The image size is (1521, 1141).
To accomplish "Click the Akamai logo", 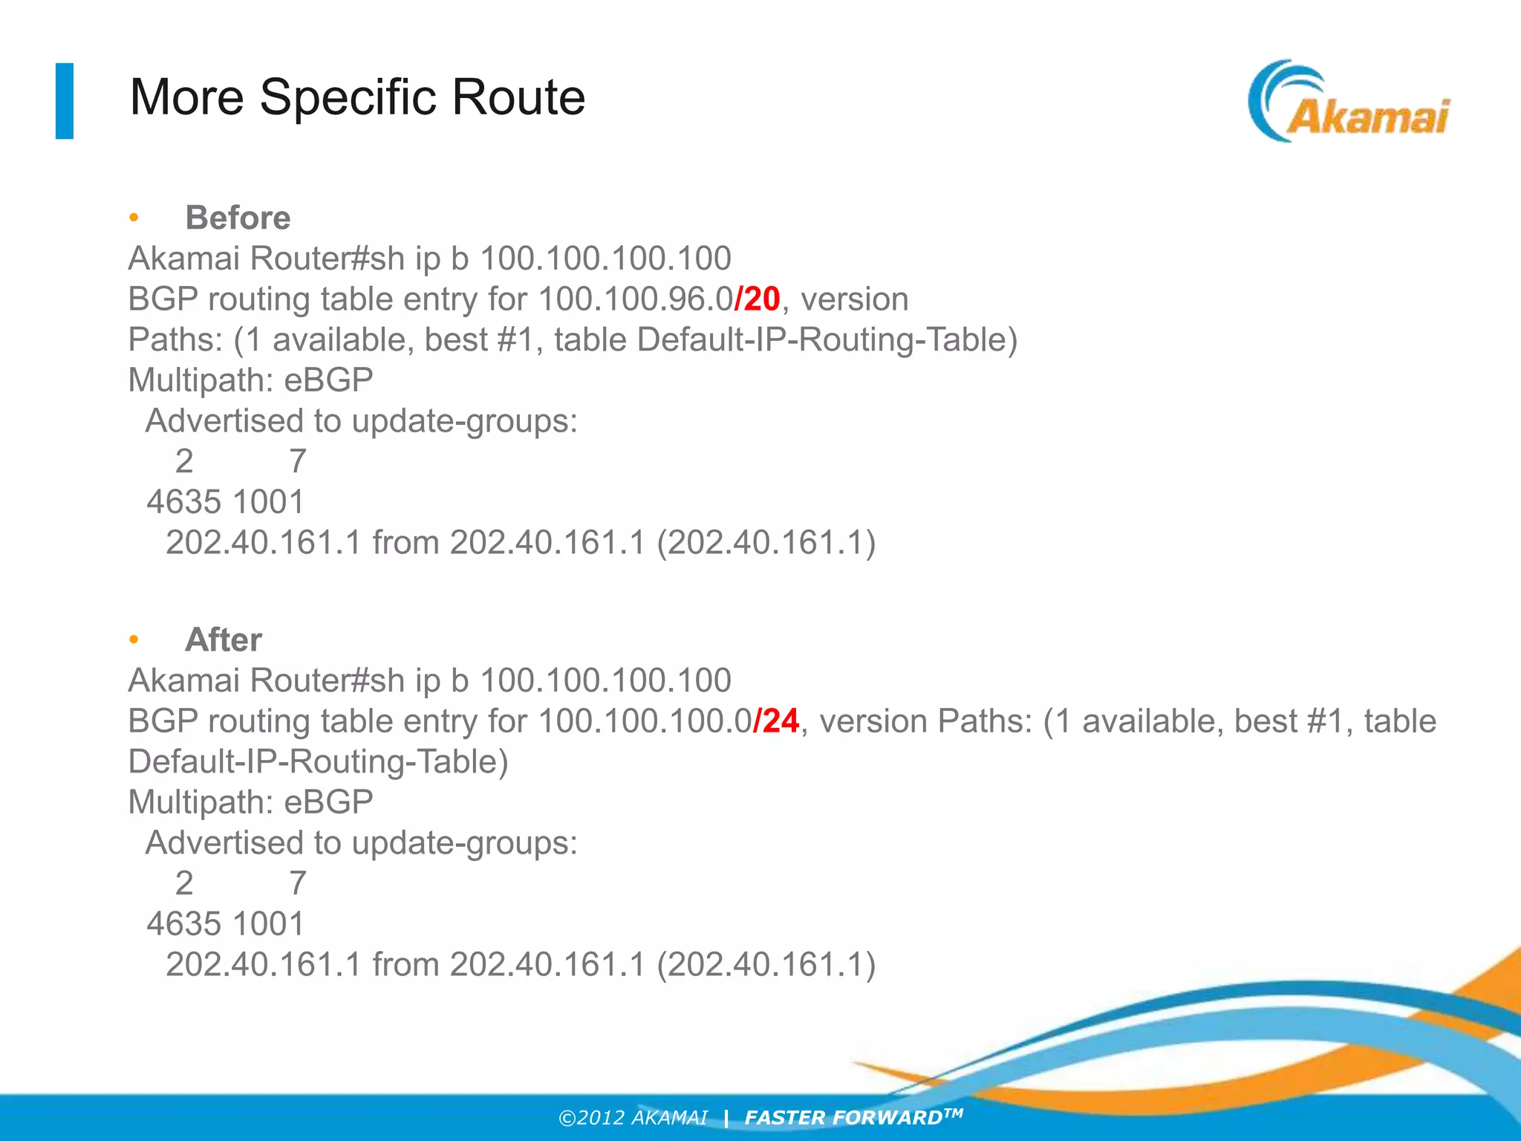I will coord(1348,103).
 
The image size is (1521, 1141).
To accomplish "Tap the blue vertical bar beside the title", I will coord(65,101).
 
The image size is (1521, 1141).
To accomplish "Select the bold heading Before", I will coord(238,218).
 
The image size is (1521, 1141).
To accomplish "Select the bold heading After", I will coord(224,640).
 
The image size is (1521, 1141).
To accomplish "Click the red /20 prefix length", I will coord(757,299).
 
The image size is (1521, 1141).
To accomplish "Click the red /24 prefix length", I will coord(776,721).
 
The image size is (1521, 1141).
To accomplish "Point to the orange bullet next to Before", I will coord(134,218).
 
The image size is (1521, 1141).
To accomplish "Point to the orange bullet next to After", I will coord(134,640).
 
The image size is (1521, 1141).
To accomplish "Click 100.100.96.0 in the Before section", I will coord(635,299).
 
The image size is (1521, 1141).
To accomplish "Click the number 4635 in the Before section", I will coord(183,502).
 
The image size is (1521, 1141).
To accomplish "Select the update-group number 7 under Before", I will coord(298,461).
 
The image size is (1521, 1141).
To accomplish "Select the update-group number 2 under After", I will coord(184,883).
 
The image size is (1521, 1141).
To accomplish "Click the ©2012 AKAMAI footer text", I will coord(633,1117).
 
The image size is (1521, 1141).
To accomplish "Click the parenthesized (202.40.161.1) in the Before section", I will coord(766,542).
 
